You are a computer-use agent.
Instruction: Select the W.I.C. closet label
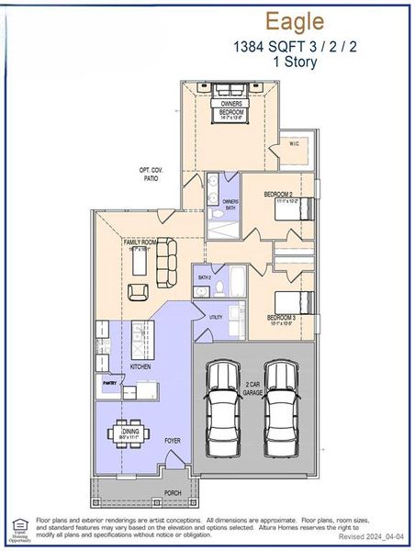pyautogui.click(x=294, y=144)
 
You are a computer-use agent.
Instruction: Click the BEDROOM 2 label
pyautogui.click(x=277, y=195)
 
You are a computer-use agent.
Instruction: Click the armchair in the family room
pyautogui.click(x=138, y=292)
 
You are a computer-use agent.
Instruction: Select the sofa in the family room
pyautogui.click(x=166, y=260)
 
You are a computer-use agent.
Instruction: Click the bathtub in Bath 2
pyautogui.click(x=234, y=275)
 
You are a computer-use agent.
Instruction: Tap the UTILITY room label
pyautogui.click(x=215, y=317)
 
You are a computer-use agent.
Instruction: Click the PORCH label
pyautogui.click(x=172, y=492)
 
